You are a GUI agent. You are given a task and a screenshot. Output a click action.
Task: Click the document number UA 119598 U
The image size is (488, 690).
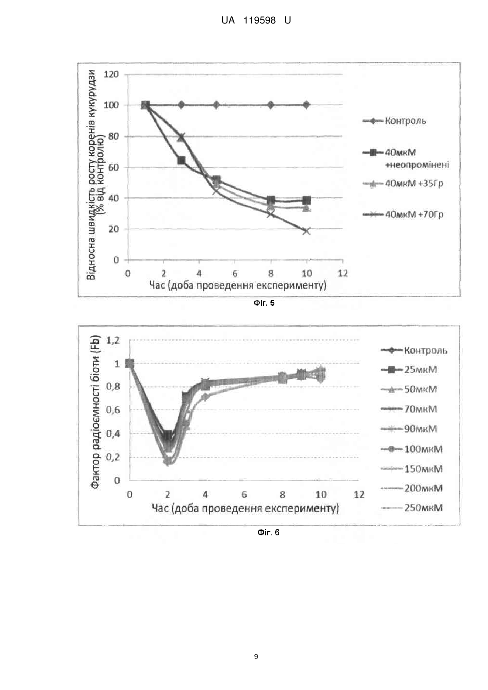tap(256, 20)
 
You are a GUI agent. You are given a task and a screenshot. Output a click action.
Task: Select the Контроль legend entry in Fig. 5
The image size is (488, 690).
tap(394, 121)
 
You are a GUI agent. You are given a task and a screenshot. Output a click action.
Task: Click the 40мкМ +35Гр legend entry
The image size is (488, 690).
tap(403, 183)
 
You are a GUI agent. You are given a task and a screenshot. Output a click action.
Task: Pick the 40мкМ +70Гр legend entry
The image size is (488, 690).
tap(403, 214)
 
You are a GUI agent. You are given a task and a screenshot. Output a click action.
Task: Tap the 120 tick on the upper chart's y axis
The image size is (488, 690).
tap(111, 74)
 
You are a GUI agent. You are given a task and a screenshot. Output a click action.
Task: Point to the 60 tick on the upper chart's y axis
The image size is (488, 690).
tap(113, 167)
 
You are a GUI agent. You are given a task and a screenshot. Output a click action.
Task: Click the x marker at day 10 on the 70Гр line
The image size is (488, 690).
tap(306, 231)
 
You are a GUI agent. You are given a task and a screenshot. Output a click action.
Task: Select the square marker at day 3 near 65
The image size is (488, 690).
tap(181, 160)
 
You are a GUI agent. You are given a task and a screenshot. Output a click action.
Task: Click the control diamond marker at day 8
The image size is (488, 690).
tap(271, 105)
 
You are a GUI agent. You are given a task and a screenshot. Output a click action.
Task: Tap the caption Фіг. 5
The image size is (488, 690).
tap(264, 303)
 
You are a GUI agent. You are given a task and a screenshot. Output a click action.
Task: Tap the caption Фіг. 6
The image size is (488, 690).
tap(268, 533)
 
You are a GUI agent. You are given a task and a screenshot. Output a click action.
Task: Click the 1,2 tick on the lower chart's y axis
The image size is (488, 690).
tap(113, 340)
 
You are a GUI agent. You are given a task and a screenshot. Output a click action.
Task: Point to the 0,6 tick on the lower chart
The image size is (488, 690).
tap(113, 410)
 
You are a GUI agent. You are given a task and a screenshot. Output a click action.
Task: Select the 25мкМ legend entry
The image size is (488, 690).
tap(409, 370)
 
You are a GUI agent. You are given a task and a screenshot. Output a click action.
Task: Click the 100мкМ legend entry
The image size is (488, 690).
tap(412, 449)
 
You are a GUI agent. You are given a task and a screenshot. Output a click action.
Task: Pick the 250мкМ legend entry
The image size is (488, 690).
tap(412, 508)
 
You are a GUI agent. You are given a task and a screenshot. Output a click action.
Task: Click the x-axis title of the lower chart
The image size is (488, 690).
tap(245, 509)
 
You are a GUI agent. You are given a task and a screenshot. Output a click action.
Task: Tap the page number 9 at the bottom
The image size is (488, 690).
tap(256, 657)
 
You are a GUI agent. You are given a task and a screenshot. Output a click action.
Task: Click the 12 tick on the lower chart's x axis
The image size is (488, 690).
tap(359, 495)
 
